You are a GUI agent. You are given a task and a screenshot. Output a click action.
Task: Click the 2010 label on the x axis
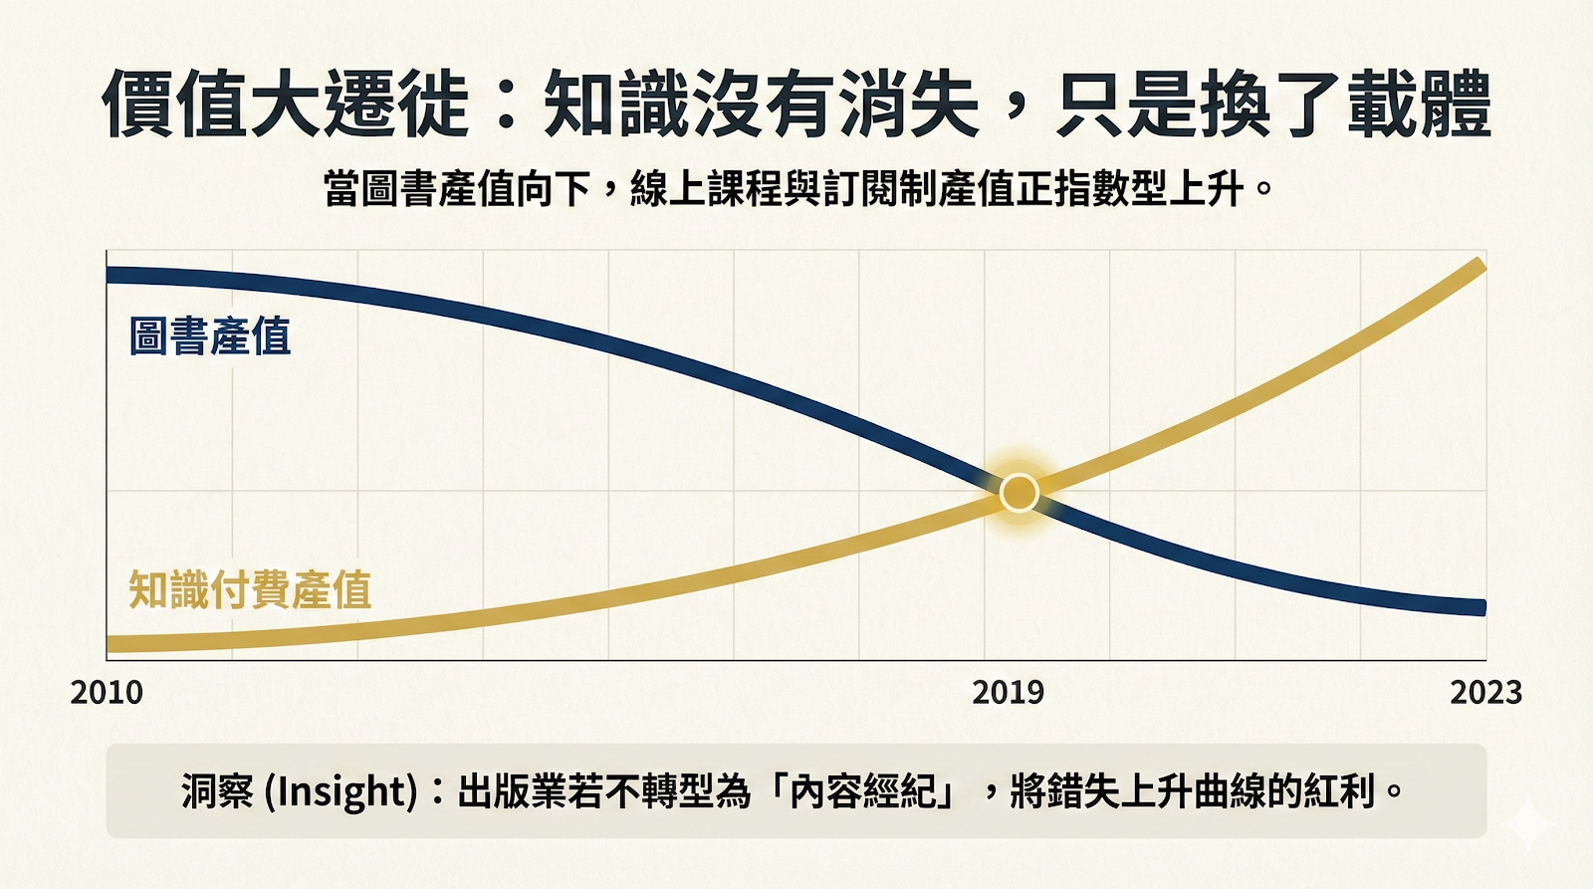click(x=107, y=692)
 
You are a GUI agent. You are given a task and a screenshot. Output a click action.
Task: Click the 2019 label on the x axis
click(x=1008, y=692)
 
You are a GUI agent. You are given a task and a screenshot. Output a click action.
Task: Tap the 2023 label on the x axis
click(x=1485, y=692)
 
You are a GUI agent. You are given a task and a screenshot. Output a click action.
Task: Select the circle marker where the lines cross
click(x=1019, y=493)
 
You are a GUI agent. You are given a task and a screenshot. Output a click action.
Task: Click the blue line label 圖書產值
click(x=210, y=336)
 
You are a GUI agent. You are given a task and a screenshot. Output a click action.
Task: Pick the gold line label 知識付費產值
click(x=250, y=589)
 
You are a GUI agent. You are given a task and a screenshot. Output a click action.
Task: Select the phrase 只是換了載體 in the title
click(x=1274, y=104)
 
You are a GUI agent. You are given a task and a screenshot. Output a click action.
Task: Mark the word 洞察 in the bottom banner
click(x=217, y=791)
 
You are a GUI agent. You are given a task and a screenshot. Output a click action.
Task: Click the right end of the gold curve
click(x=1480, y=266)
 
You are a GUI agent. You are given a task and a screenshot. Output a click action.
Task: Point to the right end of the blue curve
click(x=1480, y=607)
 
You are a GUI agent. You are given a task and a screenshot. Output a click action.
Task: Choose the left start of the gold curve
click(x=112, y=644)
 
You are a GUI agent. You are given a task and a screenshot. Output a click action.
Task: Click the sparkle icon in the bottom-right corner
click(x=1527, y=825)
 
